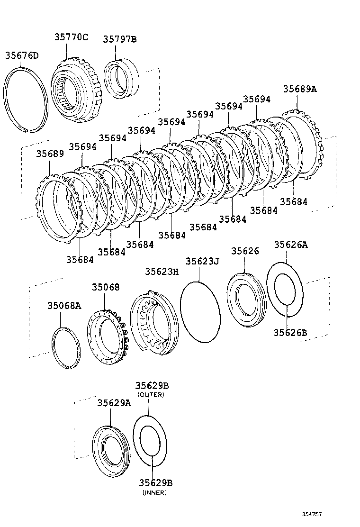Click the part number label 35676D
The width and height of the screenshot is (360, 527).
click(x=22, y=55)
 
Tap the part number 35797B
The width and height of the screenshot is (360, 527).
click(x=120, y=39)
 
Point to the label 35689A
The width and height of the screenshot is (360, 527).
click(x=300, y=89)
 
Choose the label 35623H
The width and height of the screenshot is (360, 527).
click(x=162, y=271)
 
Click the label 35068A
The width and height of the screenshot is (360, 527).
click(x=64, y=306)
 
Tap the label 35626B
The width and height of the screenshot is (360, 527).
click(x=290, y=333)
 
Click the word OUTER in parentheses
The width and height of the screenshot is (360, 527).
click(x=151, y=395)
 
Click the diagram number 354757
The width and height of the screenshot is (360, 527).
click(x=315, y=514)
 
